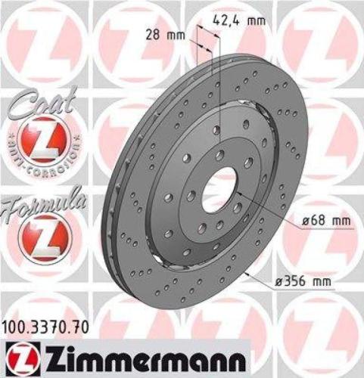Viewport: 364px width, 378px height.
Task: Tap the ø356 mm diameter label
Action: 309,281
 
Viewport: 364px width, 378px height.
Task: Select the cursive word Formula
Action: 39,204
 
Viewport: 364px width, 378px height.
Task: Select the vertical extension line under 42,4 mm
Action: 218,91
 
